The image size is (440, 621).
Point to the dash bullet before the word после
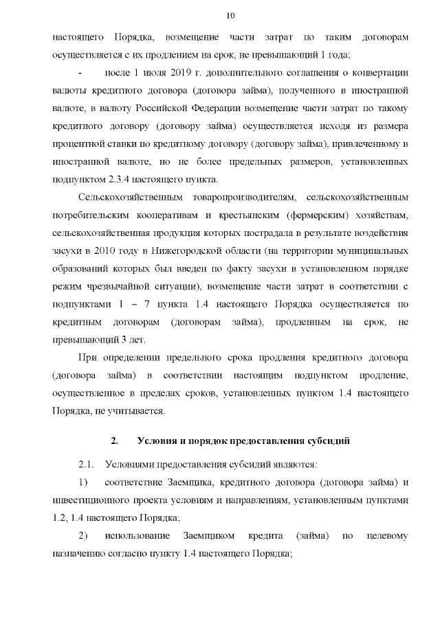point(80,73)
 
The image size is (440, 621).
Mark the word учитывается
point(140,412)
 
